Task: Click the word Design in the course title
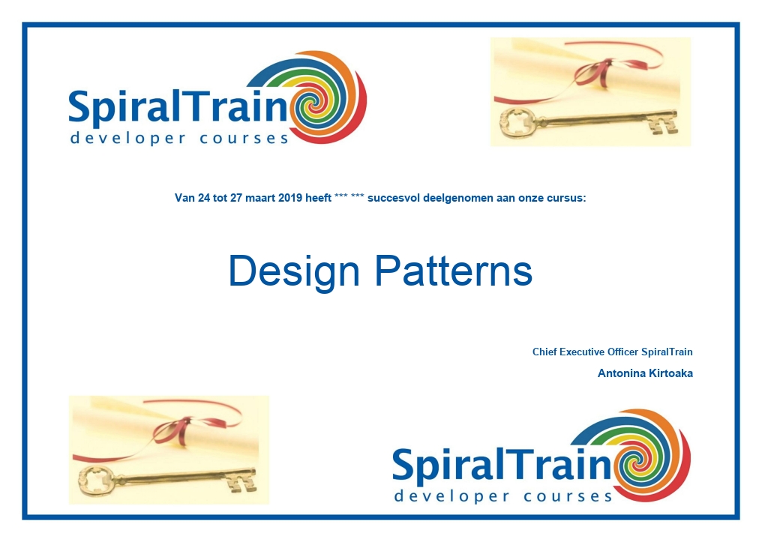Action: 294,271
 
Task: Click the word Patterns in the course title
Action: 454,271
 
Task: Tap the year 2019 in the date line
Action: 290,198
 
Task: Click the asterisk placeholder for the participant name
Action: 349,197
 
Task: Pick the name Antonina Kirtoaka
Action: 645,373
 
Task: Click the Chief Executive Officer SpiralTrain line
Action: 612,352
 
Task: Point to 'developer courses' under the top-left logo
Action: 180,138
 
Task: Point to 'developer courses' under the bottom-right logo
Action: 503,496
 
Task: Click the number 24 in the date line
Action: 204,198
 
